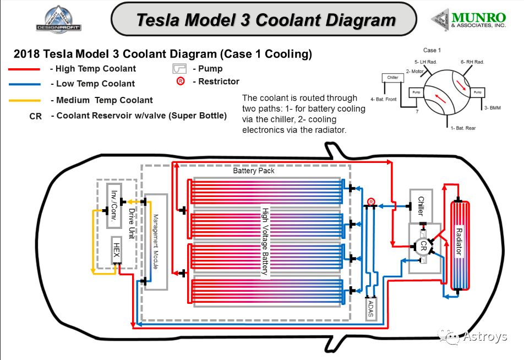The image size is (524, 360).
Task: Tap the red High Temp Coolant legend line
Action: tap(24, 69)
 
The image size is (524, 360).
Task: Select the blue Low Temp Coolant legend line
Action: tap(24, 84)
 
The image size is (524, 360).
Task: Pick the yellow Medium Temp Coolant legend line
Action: tap(24, 101)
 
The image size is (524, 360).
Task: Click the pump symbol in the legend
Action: tap(180, 69)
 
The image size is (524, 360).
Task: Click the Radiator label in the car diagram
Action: tap(459, 243)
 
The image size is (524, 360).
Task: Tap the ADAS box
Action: tap(370, 309)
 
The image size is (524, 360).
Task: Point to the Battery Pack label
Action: tap(254, 171)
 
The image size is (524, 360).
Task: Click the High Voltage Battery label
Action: tap(265, 241)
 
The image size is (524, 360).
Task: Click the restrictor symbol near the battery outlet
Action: tap(372, 202)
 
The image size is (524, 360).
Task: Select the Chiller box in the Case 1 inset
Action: tap(392, 78)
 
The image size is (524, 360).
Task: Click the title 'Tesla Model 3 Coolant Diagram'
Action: tap(266, 20)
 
